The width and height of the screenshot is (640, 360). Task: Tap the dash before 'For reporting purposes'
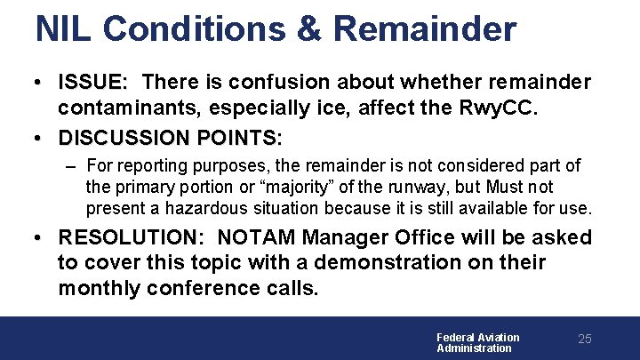[x=70, y=166]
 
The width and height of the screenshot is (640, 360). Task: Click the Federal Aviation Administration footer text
[x=477, y=342]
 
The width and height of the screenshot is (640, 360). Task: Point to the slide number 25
[x=584, y=340]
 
